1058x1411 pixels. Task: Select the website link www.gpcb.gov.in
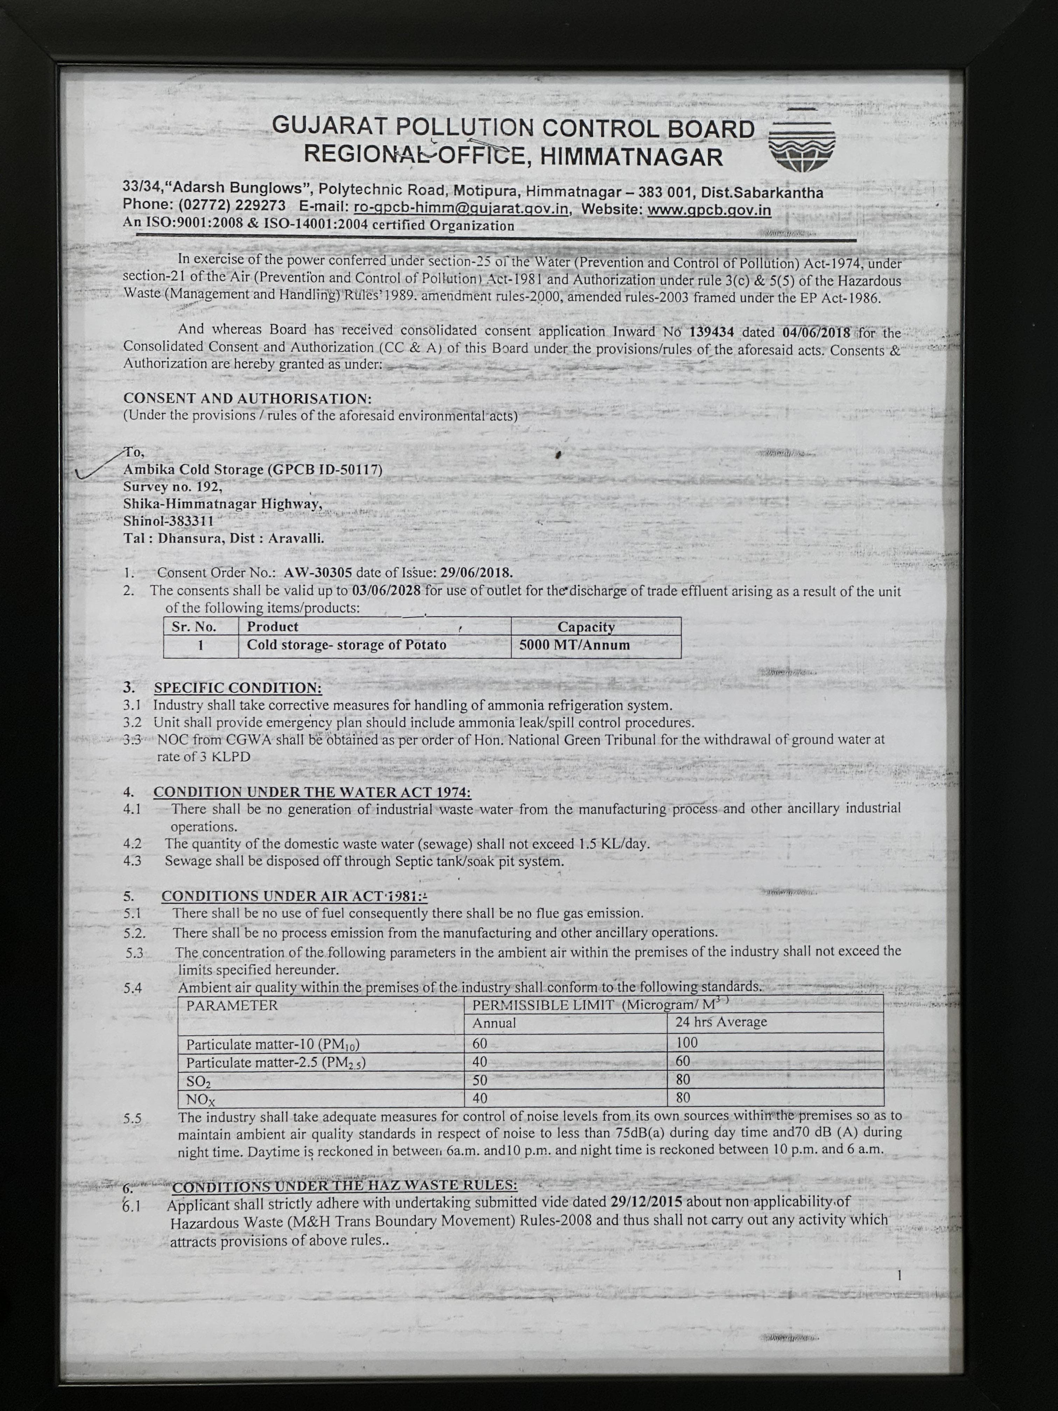pyautogui.click(x=709, y=210)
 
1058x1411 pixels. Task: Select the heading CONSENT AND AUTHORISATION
pyautogui.click(x=247, y=398)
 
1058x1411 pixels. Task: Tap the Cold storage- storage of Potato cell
pyautogui.click(x=346, y=645)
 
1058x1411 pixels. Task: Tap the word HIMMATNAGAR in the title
pyautogui.click(x=632, y=157)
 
